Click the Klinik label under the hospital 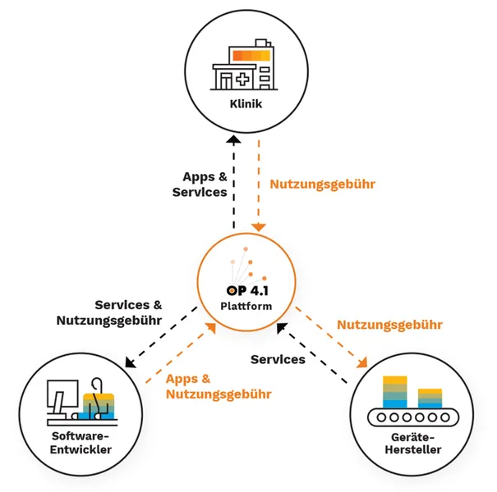click(x=246, y=105)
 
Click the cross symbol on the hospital click(x=242, y=80)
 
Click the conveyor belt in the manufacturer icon click(x=412, y=417)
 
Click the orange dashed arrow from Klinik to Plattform click(x=259, y=184)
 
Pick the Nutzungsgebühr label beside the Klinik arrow click(x=323, y=184)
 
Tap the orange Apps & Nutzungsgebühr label click(x=218, y=386)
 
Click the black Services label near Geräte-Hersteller click(x=278, y=359)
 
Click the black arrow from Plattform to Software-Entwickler click(x=160, y=337)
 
